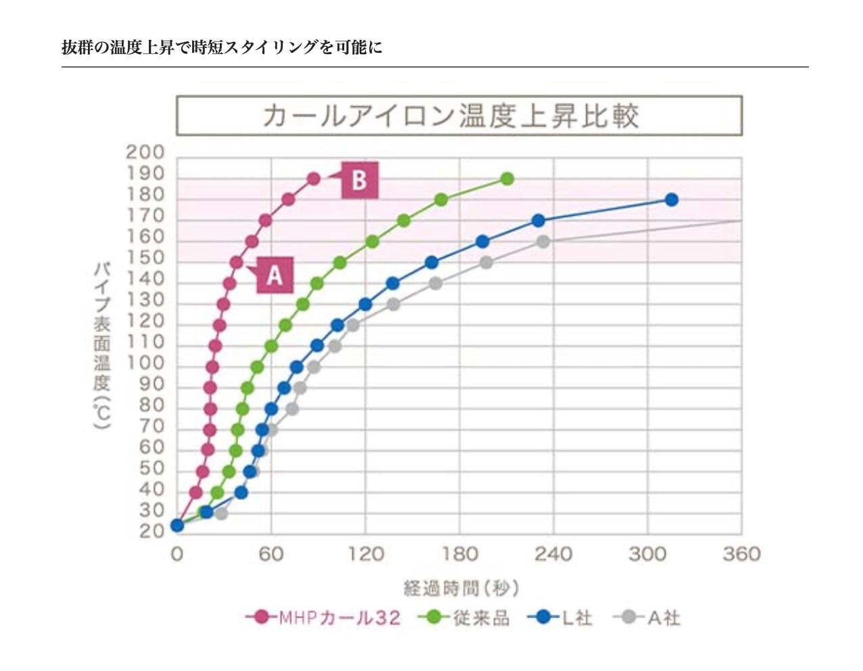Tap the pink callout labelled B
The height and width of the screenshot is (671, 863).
(358, 180)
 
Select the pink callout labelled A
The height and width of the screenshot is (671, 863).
(274, 275)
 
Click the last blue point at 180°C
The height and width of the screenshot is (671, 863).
(671, 200)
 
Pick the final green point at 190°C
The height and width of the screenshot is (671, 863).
(507, 179)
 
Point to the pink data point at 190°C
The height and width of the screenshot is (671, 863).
(313, 179)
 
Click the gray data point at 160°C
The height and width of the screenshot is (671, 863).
(542, 241)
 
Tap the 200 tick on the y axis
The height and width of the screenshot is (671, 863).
(145, 152)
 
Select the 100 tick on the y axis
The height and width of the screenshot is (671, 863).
(145, 363)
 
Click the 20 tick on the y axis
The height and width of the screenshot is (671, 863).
(151, 532)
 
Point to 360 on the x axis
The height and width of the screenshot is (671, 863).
(741, 555)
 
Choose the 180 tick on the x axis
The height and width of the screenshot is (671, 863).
(459, 555)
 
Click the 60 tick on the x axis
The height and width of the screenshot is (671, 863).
(271, 555)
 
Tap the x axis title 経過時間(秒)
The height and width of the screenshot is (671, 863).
(461, 588)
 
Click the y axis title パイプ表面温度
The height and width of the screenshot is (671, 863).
(101, 345)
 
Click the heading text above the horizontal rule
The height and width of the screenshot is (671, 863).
(222, 47)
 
